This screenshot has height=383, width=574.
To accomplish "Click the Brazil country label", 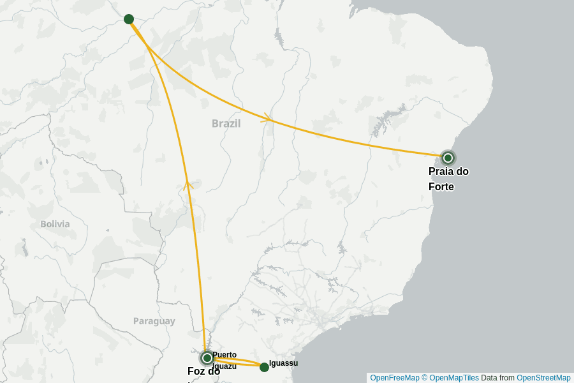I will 226,123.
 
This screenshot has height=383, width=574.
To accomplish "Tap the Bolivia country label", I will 55,224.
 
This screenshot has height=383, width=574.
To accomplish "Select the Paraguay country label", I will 154,321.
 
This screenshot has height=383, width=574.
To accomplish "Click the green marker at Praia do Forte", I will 448,158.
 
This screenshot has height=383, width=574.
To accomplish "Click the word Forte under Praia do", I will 441,187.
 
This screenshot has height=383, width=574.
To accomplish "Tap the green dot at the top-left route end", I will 129,19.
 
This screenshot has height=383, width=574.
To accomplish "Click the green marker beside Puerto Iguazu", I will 207,358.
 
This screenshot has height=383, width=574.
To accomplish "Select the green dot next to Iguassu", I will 264,367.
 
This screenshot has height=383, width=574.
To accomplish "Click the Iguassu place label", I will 284,363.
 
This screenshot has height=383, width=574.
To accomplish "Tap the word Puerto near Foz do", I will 224,355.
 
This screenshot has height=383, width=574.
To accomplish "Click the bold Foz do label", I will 203,372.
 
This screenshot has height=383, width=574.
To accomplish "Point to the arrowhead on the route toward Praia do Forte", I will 268,118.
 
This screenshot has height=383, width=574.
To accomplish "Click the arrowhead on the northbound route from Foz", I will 188,185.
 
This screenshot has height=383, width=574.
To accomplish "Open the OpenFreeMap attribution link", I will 395,378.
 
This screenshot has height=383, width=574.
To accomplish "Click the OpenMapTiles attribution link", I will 454,378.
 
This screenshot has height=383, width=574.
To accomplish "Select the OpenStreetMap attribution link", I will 543,378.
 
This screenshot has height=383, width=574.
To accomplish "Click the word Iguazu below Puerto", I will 224,366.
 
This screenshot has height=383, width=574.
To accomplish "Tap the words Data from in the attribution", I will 497,378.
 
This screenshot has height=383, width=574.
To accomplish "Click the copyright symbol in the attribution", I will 425,378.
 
